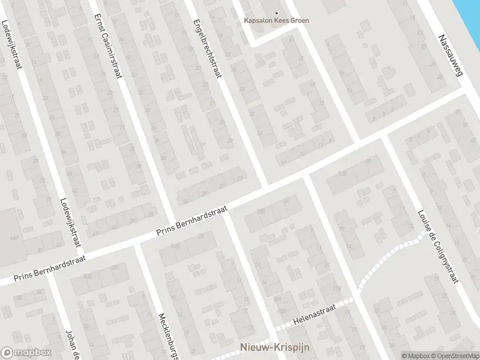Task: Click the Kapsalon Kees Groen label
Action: [277, 20]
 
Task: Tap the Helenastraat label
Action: [315, 314]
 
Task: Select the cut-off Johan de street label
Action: [73, 343]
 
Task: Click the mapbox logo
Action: [26, 353]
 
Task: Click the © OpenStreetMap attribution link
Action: [456, 356]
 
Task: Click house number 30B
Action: [88, 276]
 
